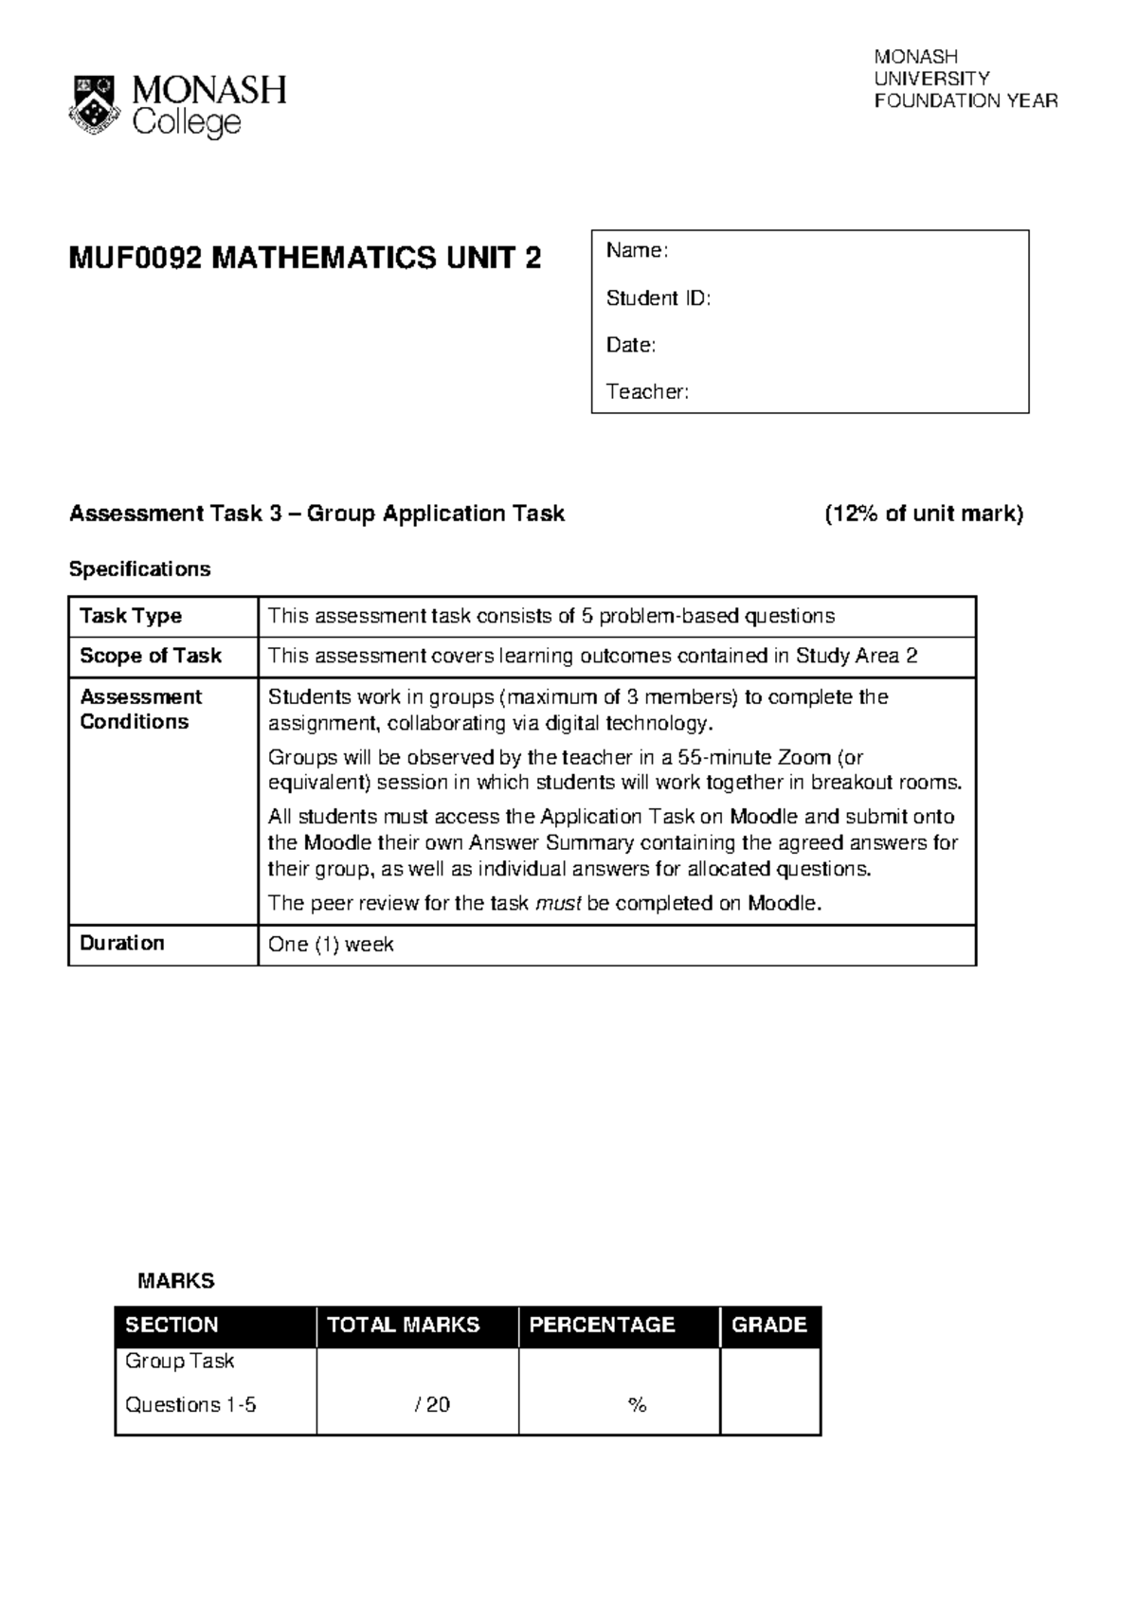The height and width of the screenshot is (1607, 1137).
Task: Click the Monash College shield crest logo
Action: [93, 104]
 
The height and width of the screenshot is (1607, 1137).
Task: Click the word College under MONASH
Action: [187, 123]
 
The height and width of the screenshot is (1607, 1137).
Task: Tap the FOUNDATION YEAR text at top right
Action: [966, 100]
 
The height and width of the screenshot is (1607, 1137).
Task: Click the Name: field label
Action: [637, 250]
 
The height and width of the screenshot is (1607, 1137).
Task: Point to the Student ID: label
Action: [658, 298]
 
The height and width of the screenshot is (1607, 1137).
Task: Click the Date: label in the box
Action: [630, 345]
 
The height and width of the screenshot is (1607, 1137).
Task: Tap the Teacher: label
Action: [647, 391]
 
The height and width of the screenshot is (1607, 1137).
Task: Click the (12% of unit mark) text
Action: [924, 514]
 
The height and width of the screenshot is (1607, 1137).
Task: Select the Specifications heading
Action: [139, 569]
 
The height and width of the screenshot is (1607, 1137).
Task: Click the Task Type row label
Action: [131, 616]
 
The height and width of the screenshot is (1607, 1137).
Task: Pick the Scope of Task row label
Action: [150, 656]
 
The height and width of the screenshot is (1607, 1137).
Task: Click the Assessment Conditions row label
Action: [140, 709]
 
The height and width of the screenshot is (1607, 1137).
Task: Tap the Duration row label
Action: [121, 943]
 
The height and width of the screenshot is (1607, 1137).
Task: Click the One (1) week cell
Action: [331, 944]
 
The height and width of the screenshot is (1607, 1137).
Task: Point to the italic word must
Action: [557, 903]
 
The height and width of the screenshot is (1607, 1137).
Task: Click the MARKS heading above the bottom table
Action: [175, 1281]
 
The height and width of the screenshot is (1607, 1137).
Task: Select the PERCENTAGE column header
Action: [602, 1325]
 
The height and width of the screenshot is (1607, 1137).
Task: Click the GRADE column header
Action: [768, 1325]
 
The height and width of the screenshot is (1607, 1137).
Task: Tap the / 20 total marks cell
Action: [432, 1404]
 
